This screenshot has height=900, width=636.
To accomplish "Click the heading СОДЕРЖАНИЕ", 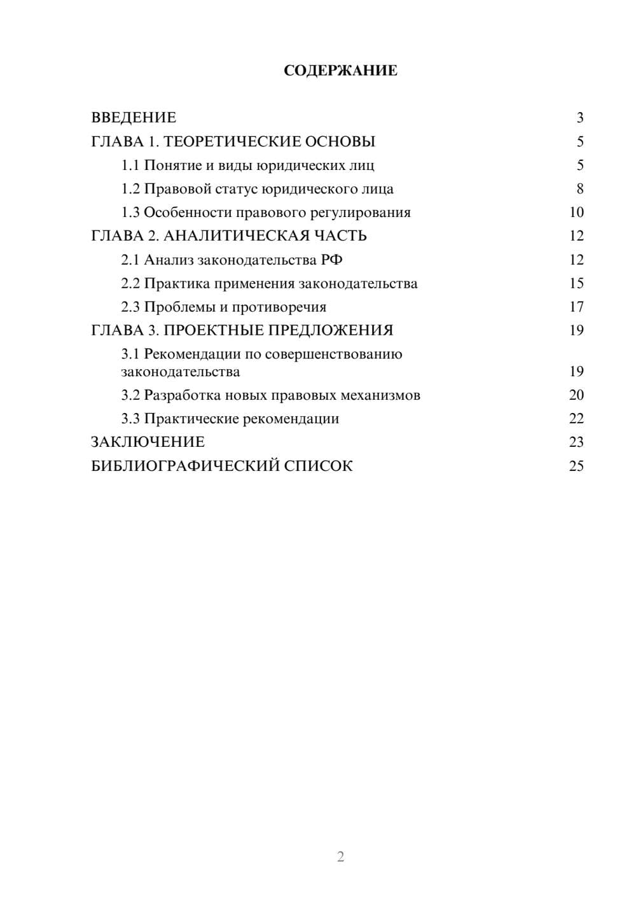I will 340,71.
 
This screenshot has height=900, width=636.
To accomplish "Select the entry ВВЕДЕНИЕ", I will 134,118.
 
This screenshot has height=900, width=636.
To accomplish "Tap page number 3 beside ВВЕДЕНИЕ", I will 579,118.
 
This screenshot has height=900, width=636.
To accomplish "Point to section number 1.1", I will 130,165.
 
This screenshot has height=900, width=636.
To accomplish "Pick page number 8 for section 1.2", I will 579,189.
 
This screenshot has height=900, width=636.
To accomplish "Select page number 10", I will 576,213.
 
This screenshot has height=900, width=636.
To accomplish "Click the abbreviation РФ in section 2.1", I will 332,260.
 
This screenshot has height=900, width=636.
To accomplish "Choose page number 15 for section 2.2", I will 576,283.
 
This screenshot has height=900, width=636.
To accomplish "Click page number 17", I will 576,307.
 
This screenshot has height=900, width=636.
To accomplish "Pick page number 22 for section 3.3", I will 576,419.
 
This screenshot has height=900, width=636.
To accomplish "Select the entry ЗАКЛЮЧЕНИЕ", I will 148,442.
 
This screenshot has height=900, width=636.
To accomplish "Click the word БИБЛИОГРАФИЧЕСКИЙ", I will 184,466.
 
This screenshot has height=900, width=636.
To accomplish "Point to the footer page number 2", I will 340,857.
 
